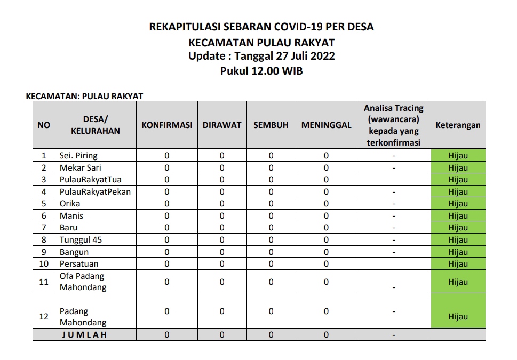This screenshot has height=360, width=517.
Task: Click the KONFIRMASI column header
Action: click(166, 125)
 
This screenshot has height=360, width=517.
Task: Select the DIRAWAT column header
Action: click(222, 125)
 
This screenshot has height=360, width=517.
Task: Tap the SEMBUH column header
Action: click(271, 125)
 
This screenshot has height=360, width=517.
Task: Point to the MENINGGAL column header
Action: click(326, 125)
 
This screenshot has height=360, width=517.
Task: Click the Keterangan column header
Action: click(458, 125)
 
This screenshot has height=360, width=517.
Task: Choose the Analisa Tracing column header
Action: click(394, 125)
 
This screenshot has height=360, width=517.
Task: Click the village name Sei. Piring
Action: click(78, 156)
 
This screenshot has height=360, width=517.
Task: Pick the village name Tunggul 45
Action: click(81, 240)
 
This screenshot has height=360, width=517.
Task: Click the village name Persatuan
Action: click(79, 264)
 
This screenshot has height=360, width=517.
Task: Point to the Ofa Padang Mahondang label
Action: click(83, 282)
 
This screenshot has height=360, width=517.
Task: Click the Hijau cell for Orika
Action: click(458, 204)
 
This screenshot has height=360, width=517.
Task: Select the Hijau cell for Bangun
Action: click(458, 252)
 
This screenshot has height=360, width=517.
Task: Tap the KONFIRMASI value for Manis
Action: click(166, 216)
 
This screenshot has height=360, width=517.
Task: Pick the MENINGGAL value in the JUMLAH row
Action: click(326, 335)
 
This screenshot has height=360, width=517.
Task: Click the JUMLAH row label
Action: click(84, 335)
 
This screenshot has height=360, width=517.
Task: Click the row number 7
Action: click(44, 228)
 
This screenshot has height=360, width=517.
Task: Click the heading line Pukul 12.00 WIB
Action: click(261, 71)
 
